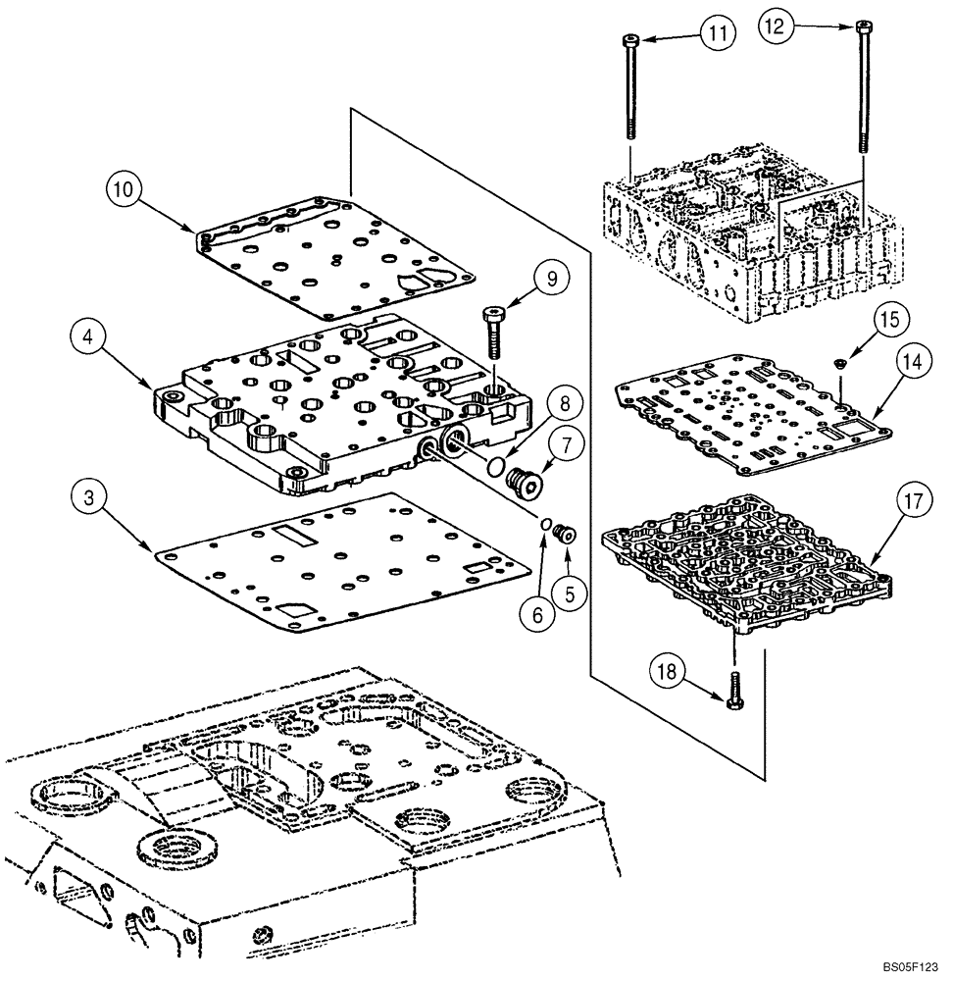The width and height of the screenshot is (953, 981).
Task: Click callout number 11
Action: coord(719,33)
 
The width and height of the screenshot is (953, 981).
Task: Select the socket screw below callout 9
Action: coord(492,335)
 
